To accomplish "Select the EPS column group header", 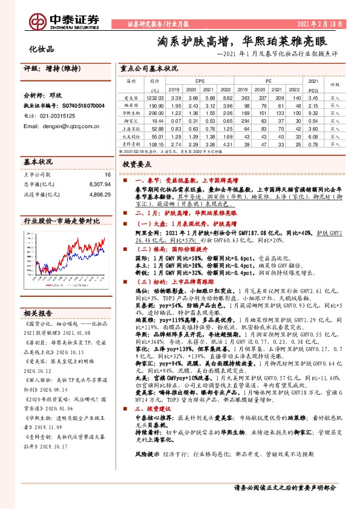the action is pos(200,80).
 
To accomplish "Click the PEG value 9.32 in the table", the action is pos(313,112).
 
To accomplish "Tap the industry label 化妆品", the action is pos(42,49).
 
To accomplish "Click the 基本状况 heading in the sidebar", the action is pos(38,163).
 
